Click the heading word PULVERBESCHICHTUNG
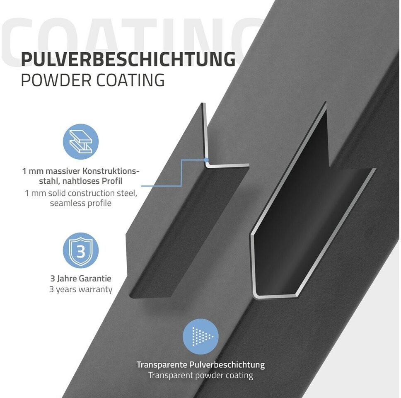pyautogui.click(x=128, y=59)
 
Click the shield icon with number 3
pyautogui.click(x=81, y=250)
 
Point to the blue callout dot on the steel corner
pyautogui.click(x=206, y=159)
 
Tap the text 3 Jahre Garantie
pyautogui.click(x=80, y=279)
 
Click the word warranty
pyautogui.click(x=95, y=289)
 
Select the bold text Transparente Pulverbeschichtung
pyautogui.click(x=200, y=365)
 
